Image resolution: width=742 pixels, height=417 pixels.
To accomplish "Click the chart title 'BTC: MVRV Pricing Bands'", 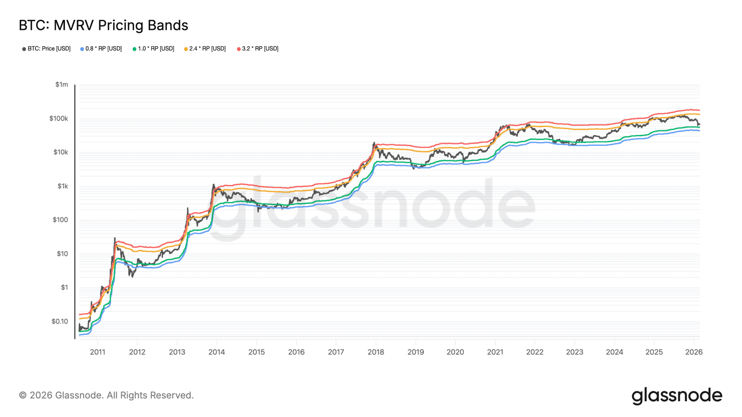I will [x=103, y=25].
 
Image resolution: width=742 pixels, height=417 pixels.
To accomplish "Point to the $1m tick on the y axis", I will [x=62, y=84].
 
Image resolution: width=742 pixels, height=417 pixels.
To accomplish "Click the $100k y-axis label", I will [x=58, y=118].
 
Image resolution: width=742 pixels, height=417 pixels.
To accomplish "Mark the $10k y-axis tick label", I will [x=60, y=152].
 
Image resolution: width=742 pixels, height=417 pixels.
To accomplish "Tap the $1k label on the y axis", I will [x=63, y=186].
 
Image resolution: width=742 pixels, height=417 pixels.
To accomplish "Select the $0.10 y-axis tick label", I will [x=60, y=321].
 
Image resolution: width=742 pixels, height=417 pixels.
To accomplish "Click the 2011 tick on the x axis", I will [x=97, y=352].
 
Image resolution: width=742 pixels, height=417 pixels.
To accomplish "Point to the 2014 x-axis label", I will [x=216, y=352].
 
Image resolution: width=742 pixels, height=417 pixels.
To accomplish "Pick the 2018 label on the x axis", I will [x=376, y=352].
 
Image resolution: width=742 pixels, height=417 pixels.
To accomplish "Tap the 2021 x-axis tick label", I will [x=495, y=352].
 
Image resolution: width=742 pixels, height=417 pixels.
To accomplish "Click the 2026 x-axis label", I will [x=694, y=352].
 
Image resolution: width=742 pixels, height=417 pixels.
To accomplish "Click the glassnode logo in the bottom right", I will [x=677, y=396].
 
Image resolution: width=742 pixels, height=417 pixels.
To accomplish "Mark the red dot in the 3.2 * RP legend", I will [x=239, y=49].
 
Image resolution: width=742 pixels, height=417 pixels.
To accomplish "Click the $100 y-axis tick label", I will [x=60, y=220].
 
